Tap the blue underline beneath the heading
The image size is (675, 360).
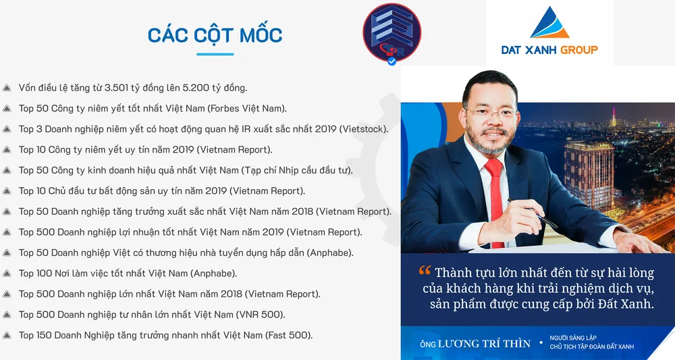click(x=215, y=54)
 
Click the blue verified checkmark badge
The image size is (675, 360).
click(x=391, y=61)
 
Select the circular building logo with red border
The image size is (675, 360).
click(x=391, y=32)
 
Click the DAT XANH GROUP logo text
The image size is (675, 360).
click(x=549, y=50)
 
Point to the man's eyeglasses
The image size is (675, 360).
click(x=491, y=113)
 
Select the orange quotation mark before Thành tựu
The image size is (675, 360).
click(x=425, y=270)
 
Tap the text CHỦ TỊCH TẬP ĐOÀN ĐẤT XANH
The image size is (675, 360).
click(x=592, y=346)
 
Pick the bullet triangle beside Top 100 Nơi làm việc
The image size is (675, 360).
click(x=7, y=274)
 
